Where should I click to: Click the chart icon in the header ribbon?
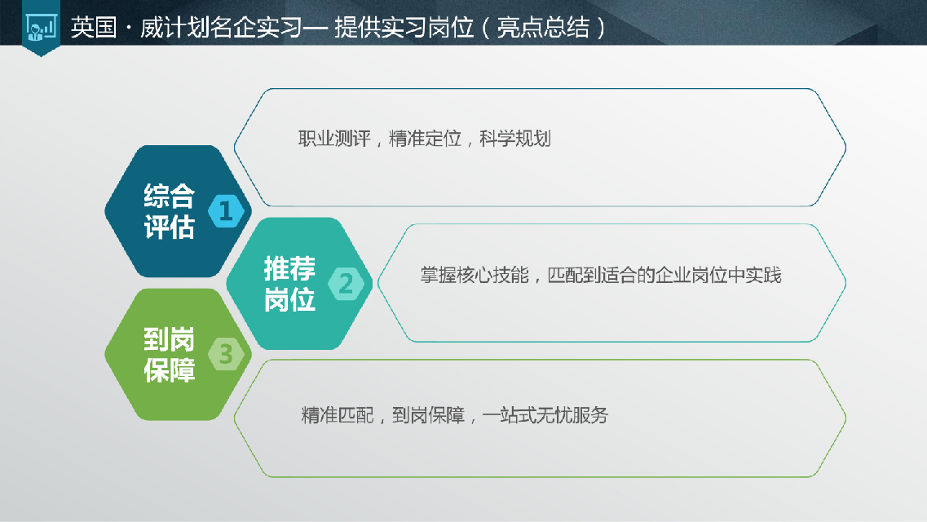tap(42, 27)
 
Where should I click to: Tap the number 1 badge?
tap(226, 210)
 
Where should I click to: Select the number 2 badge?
tap(346, 283)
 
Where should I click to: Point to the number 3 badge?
tap(226, 354)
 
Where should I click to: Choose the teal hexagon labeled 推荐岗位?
tap(299, 283)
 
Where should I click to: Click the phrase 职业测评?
tap(334, 139)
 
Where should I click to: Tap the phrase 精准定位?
tap(425, 139)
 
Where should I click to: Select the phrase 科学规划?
tap(515, 139)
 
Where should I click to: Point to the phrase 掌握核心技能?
tap(475, 275)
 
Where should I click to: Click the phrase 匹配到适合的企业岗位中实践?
tap(664, 275)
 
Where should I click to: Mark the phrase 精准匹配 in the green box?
tap(338, 416)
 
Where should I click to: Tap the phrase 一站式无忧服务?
tap(545, 416)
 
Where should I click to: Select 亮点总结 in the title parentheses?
tap(543, 27)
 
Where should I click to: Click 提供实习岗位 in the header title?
tap(404, 27)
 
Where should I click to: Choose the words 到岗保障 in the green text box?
tap(428, 416)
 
